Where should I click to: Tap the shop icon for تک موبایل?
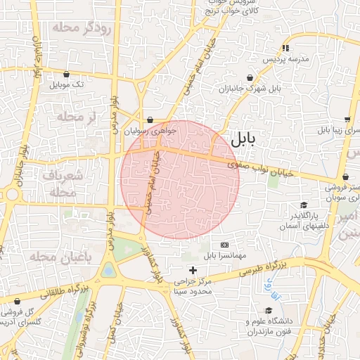point(66,74)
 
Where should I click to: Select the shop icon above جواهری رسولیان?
point(151,120)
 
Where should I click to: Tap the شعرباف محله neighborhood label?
point(59,183)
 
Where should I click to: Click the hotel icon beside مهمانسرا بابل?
point(225,244)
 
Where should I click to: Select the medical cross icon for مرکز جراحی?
point(193,269)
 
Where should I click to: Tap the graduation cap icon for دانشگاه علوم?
point(268,310)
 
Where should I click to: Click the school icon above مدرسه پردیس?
point(285,49)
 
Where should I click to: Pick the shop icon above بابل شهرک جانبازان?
point(250,78)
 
